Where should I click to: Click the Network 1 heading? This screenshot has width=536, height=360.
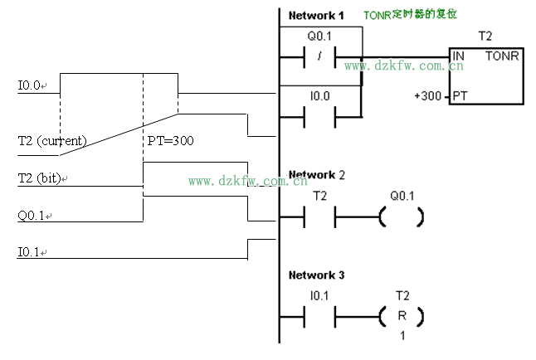314,16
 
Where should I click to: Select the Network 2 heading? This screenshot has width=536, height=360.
314,175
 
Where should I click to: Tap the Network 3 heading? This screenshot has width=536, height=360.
314,275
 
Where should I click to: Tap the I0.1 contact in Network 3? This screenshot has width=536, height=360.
320,317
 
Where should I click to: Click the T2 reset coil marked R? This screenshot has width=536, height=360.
402,317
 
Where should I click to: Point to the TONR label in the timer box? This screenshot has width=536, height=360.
503,56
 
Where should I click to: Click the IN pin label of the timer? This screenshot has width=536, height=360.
458,56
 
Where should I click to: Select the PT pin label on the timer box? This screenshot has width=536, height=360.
460,96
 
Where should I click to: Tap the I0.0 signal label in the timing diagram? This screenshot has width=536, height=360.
32,85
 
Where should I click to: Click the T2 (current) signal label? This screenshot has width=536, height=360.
51,141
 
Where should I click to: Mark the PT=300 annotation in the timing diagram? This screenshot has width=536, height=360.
171,141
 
